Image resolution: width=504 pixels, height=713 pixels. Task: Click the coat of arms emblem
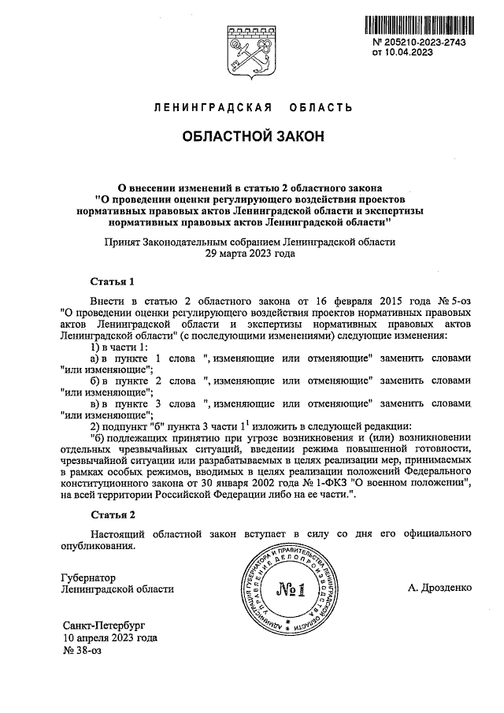pyautogui.click(x=251, y=52)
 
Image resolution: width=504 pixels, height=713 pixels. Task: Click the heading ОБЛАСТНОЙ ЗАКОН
pyautogui.click(x=252, y=136)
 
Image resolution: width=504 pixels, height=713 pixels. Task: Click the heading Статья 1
pyautogui.click(x=113, y=281)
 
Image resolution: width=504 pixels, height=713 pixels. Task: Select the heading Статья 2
pyautogui.click(x=113, y=516)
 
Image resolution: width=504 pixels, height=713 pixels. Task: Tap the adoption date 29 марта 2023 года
pyautogui.click(x=250, y=254)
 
